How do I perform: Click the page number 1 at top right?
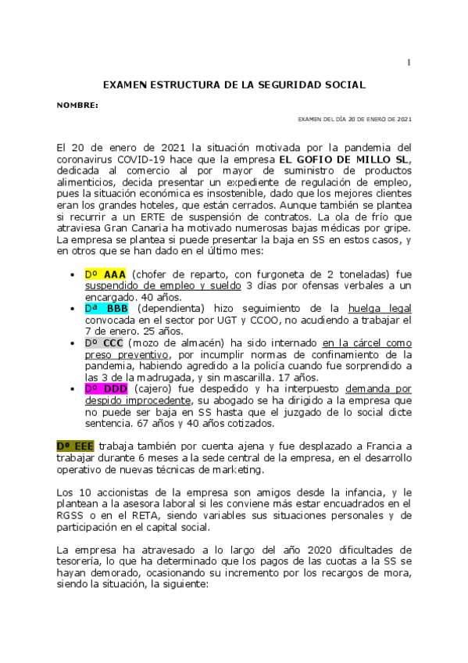[x=408, y=62]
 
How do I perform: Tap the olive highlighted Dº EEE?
[x=76, y=446]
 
